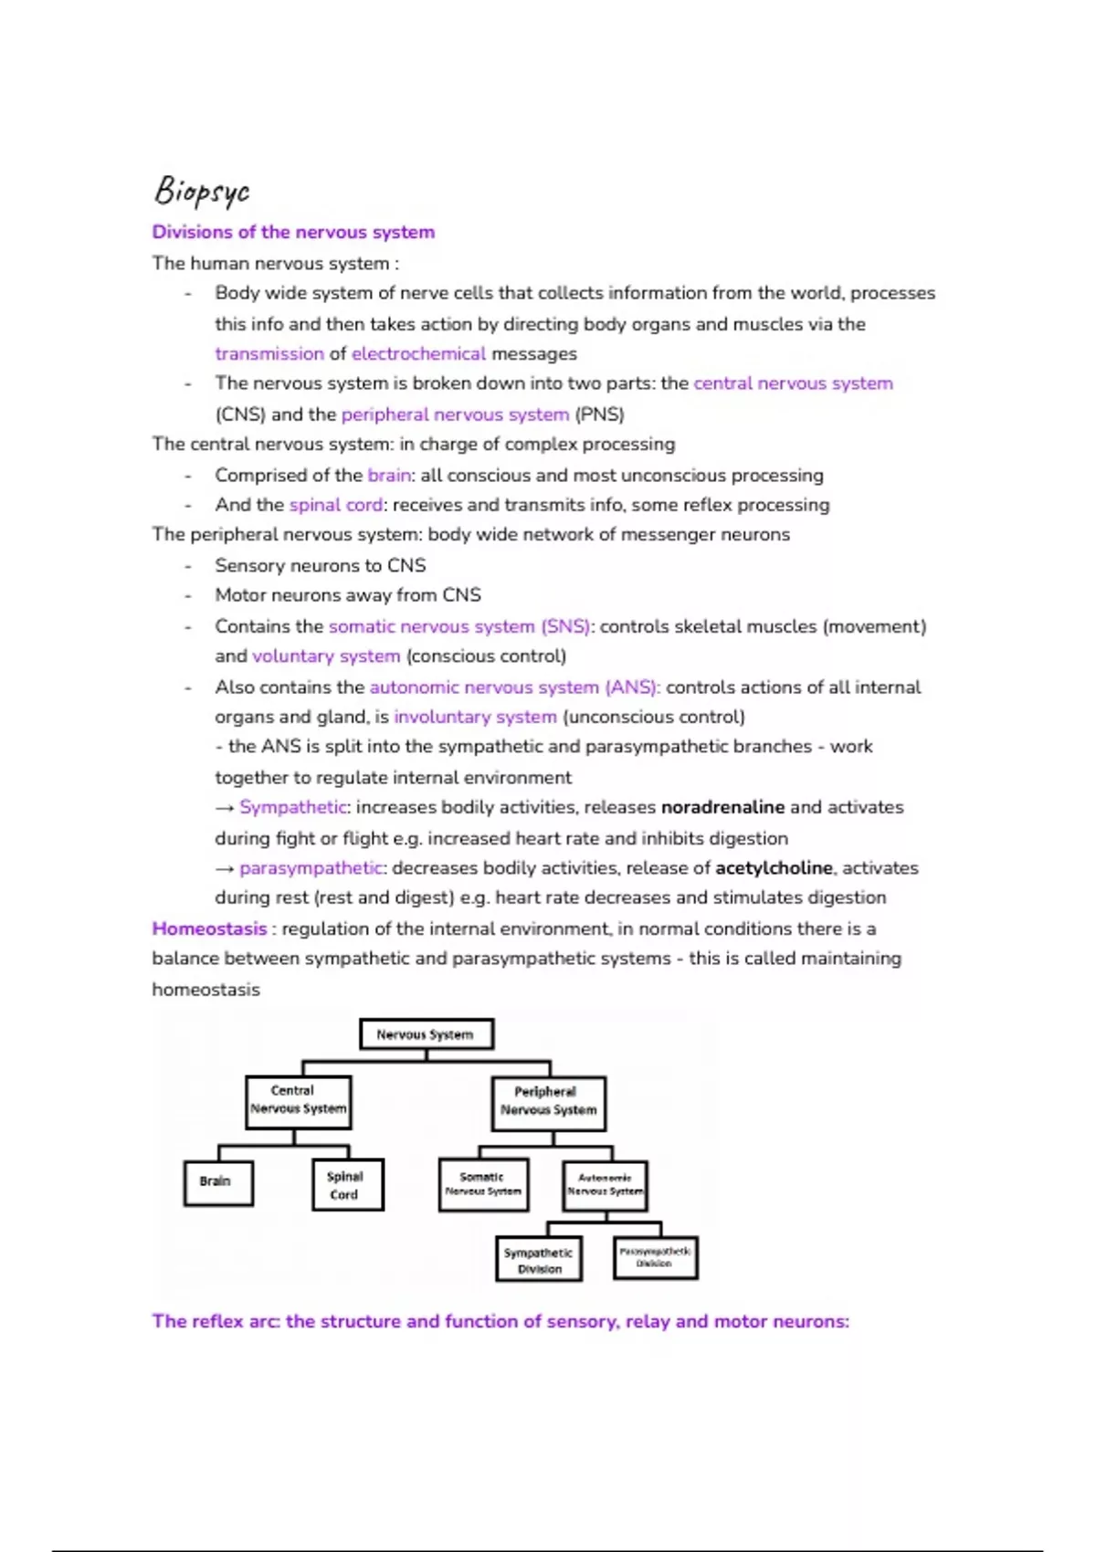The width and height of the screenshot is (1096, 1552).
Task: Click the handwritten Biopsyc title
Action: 202,190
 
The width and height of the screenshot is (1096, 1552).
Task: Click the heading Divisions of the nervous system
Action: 293,232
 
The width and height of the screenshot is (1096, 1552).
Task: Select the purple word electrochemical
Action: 419,353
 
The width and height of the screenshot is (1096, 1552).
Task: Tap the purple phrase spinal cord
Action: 336,505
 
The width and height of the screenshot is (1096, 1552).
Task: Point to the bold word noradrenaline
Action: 722,807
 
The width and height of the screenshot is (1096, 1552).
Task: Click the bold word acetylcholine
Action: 774,867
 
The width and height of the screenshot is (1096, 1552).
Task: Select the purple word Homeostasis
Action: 209,928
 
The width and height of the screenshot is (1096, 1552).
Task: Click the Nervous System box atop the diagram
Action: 426,1034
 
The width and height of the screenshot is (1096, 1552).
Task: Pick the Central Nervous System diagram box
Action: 298,1101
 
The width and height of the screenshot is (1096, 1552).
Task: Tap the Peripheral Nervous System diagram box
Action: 548,1102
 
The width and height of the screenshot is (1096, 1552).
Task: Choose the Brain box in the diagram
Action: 217,1182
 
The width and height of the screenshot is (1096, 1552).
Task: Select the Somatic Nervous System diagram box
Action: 482,1185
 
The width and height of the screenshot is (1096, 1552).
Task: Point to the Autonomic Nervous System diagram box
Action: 605,1185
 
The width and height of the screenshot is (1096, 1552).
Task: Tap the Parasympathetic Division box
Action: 655,1258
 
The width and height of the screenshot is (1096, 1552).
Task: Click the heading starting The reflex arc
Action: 501,1321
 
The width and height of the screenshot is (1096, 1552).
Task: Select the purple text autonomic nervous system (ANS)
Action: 514,687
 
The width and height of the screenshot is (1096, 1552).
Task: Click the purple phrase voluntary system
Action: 326,655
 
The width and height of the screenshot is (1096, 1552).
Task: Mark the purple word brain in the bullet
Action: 389,475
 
